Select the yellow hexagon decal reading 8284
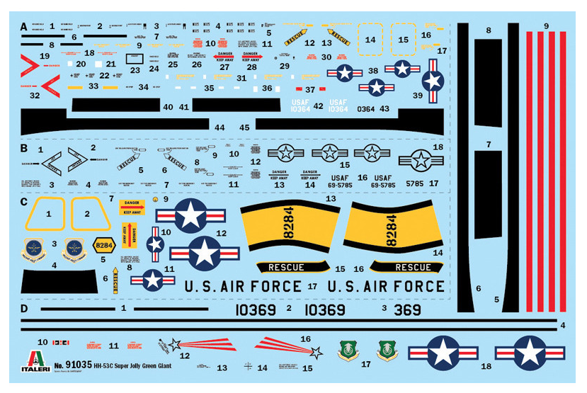click(104, 245)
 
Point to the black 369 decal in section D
click(406, 310)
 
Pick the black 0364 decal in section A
click(366, 109)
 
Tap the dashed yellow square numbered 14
click(370, 40)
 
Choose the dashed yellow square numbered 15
click(403, 40)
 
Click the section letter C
click(24, 202)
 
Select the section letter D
click(24, 309)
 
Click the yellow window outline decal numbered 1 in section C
click(48, 214)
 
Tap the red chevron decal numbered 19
click(33, 67)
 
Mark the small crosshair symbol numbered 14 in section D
click(248, 367)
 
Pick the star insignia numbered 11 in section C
click(152, 279)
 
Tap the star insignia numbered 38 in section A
click(345, 72)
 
